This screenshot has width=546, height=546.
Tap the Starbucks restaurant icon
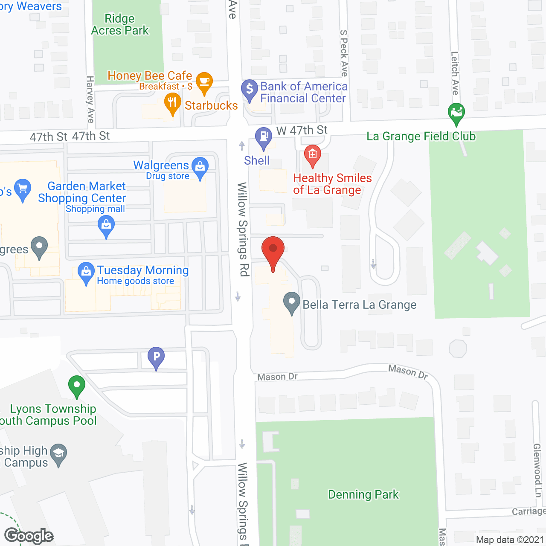click(x=172, y=103)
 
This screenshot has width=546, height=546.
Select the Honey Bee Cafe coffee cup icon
click(x=204, y=81)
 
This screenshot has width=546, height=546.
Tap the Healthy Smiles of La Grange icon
click(x=312, y=154)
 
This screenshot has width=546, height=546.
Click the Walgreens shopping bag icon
click(x=200, y=167)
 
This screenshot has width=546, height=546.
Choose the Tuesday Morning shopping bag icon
click(x=86, y=272)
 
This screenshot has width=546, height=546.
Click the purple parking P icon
click(x=156, y=356)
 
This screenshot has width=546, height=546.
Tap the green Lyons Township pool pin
click(x=77, y=386)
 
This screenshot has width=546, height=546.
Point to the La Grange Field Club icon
click(x=456, y=113)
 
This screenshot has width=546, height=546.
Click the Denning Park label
click(x=363, y=494)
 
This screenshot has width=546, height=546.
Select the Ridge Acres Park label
click(x=120, y=24)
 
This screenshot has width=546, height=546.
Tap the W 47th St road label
click(x=302, y=130)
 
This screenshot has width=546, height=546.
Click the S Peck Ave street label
click(x=344, y=53)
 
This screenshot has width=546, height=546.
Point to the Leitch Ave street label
click(x=455, y=73)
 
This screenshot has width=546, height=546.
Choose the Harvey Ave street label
click(x=90, y=99)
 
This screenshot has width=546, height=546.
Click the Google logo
click(x=29, y=536)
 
